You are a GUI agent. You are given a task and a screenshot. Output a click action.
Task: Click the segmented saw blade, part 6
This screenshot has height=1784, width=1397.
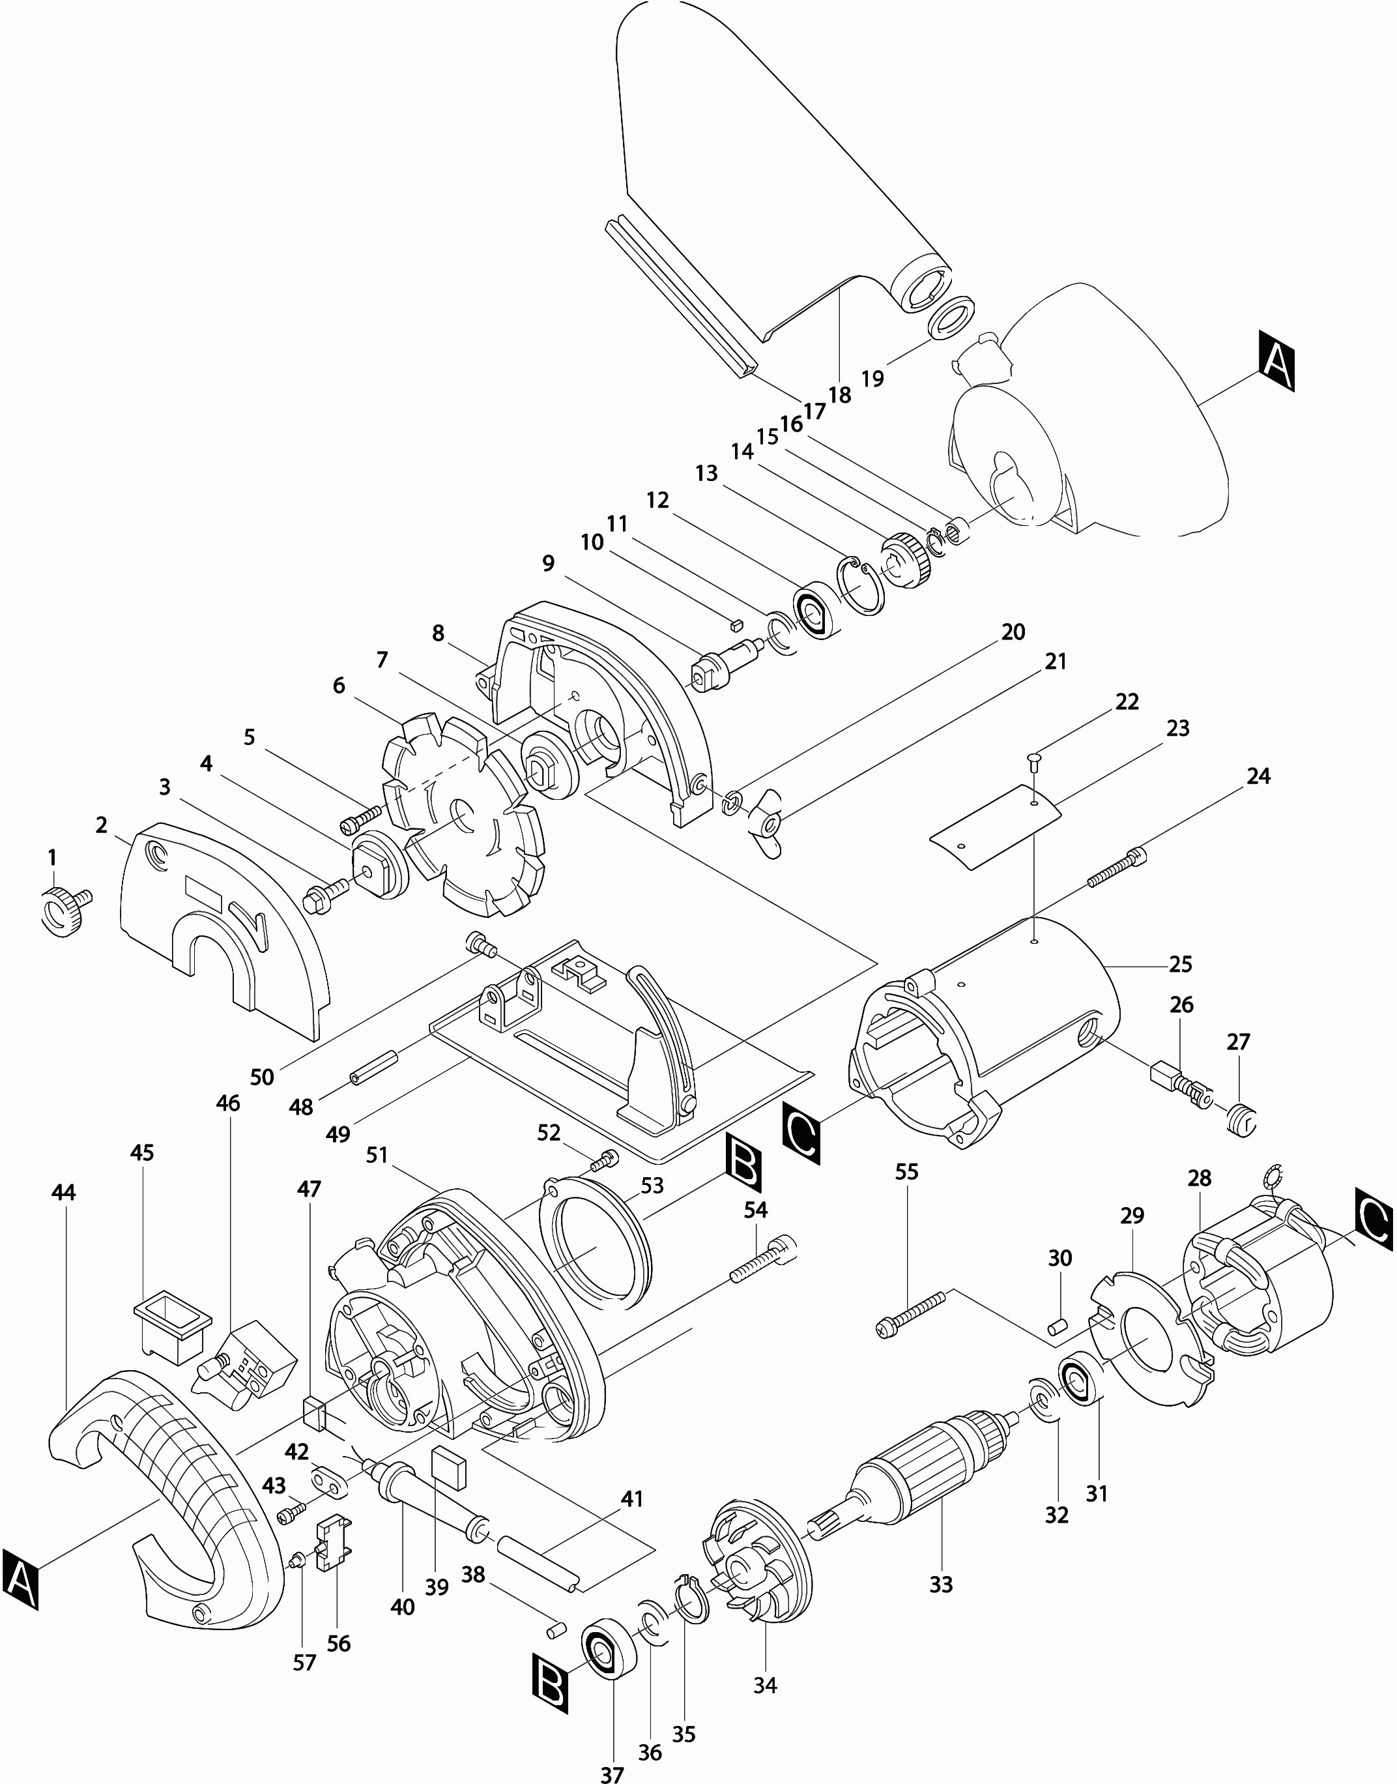[x=463, y=818]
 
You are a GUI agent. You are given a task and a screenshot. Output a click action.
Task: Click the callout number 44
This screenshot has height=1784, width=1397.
[x=64, y=1193]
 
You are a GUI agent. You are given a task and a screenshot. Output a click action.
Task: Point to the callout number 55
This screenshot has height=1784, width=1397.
[x=906, y=1171]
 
